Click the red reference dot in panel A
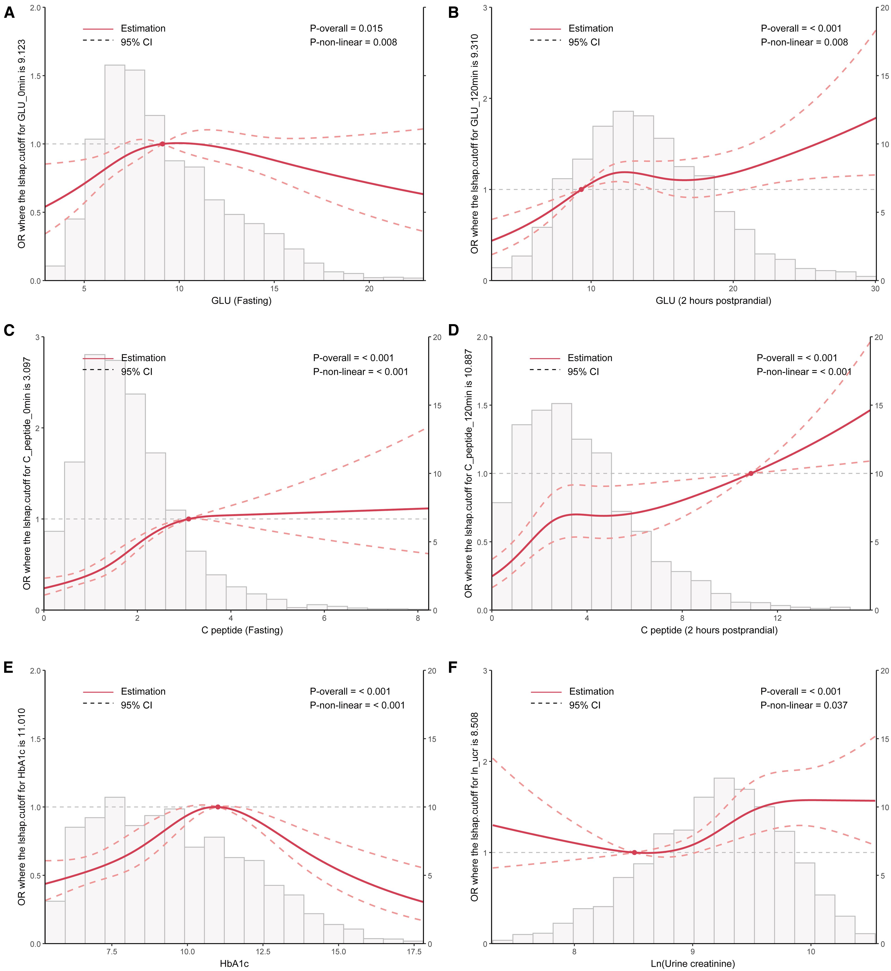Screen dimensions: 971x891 click(163, 144)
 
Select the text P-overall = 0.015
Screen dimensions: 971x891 click(346, 28)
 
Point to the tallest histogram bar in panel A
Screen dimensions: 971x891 click(115, 172)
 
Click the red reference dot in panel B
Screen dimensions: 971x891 click(581, 190)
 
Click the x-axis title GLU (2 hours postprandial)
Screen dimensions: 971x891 click(713, 301)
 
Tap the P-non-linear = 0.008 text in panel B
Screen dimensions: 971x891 click(804, 43)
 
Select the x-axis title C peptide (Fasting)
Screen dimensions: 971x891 click(242, 630)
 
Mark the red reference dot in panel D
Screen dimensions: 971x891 click(751, 473)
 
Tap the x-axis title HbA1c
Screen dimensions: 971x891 click(234, 964)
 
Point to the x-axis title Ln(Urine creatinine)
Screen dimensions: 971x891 click(693, 964)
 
